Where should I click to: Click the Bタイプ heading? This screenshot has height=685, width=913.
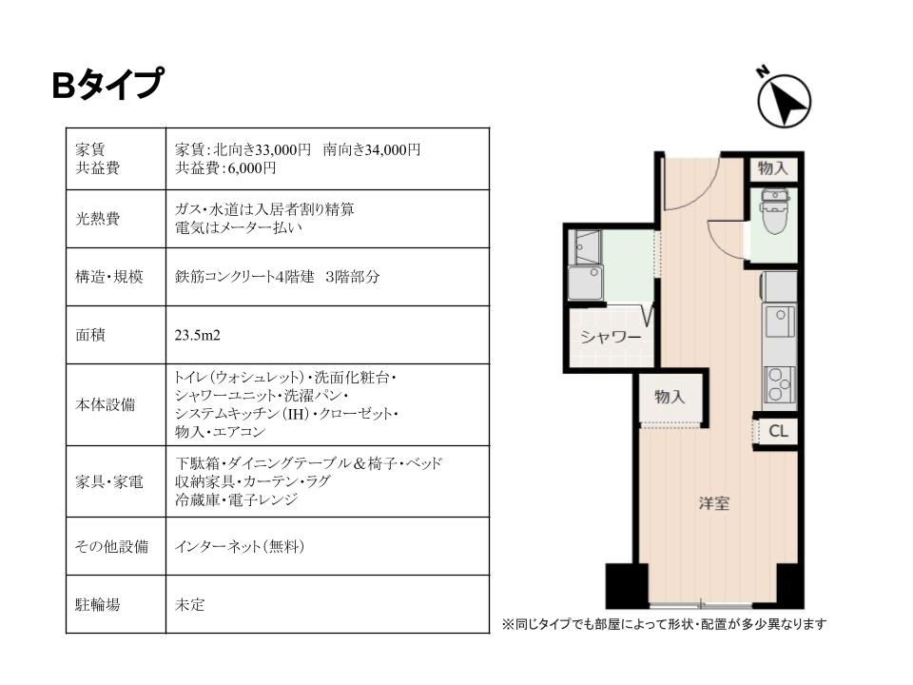107,84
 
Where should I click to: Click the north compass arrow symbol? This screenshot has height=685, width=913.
784,100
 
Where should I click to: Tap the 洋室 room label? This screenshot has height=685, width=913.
714,503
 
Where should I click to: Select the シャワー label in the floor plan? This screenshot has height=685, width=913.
611,337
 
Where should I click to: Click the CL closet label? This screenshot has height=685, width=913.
779,431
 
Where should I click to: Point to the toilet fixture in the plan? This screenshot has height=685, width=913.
774,211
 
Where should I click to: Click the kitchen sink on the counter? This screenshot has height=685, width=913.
780,321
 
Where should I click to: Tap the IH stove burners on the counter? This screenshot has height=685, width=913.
780,385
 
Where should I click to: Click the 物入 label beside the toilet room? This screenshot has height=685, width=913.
772,168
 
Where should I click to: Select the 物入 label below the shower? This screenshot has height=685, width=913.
670,397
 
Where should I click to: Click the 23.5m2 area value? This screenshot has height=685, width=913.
198,336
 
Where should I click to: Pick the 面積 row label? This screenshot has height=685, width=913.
90,335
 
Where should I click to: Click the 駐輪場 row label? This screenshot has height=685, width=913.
98,605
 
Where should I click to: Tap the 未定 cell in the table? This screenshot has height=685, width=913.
190,605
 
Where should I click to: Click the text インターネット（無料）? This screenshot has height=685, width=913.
240,546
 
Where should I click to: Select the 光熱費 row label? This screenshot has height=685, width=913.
98,219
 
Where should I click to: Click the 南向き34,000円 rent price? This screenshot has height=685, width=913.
372,149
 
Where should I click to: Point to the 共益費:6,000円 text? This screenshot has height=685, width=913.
225,168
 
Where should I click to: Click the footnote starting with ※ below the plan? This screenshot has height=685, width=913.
664,624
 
